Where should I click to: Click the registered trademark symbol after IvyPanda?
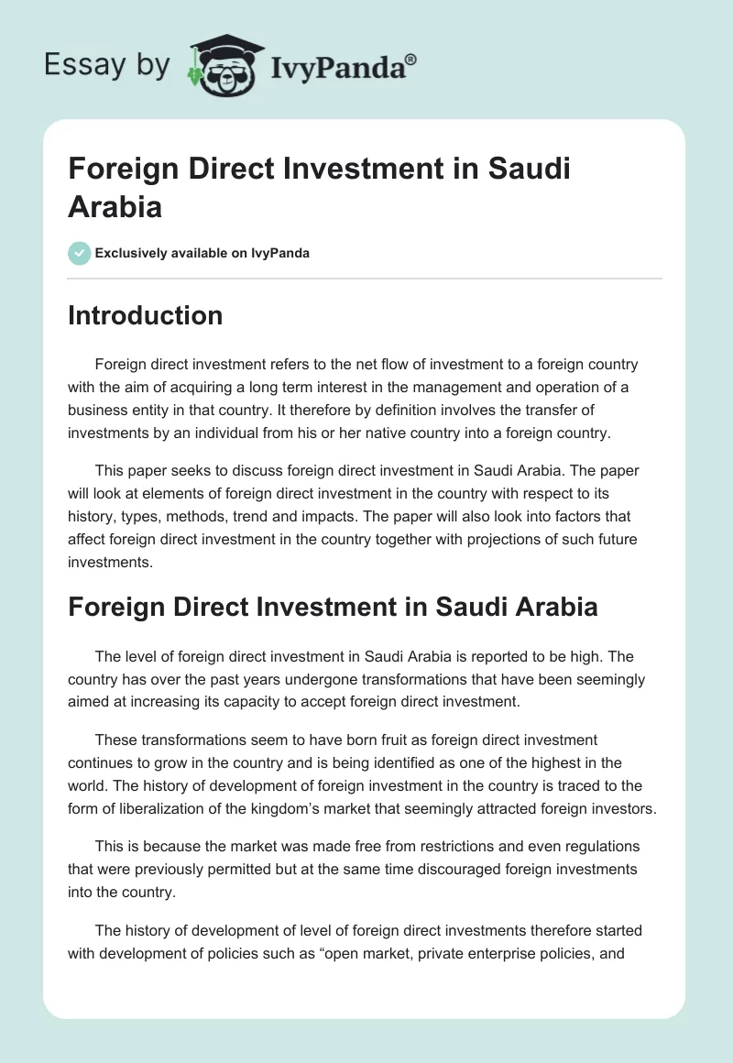[411, 60]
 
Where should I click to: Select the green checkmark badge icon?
[80, 253]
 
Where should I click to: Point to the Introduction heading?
[145, 315]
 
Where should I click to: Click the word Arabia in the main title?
[115, 206]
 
